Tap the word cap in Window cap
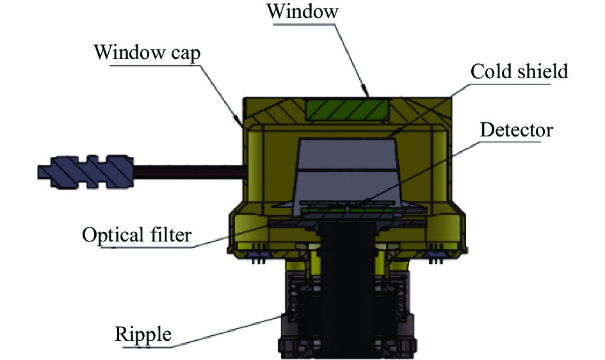tap(182, 52)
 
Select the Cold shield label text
tap(519, 71)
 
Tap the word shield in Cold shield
tap(542, 71)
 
